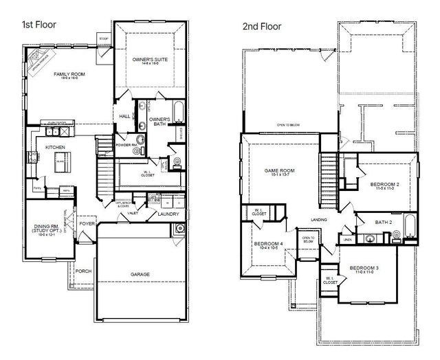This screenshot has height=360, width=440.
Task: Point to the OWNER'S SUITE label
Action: pos(149,60)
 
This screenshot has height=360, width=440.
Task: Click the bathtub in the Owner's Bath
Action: pos(178,111)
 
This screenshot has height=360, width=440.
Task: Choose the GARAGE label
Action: pos(140,274)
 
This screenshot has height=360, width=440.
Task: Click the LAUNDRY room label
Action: pos(168,214)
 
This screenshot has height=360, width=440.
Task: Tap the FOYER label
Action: pos(87,223)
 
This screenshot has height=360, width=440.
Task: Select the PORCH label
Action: pos(83,271)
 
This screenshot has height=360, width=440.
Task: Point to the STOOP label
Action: pos(104,38)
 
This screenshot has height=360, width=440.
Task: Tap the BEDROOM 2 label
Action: pos(385,185)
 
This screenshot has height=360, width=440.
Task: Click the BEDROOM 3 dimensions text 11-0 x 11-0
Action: pos(363,273)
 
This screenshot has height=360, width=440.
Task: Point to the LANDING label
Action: pos(318,220)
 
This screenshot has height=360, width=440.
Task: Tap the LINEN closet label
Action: pos(349,239)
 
